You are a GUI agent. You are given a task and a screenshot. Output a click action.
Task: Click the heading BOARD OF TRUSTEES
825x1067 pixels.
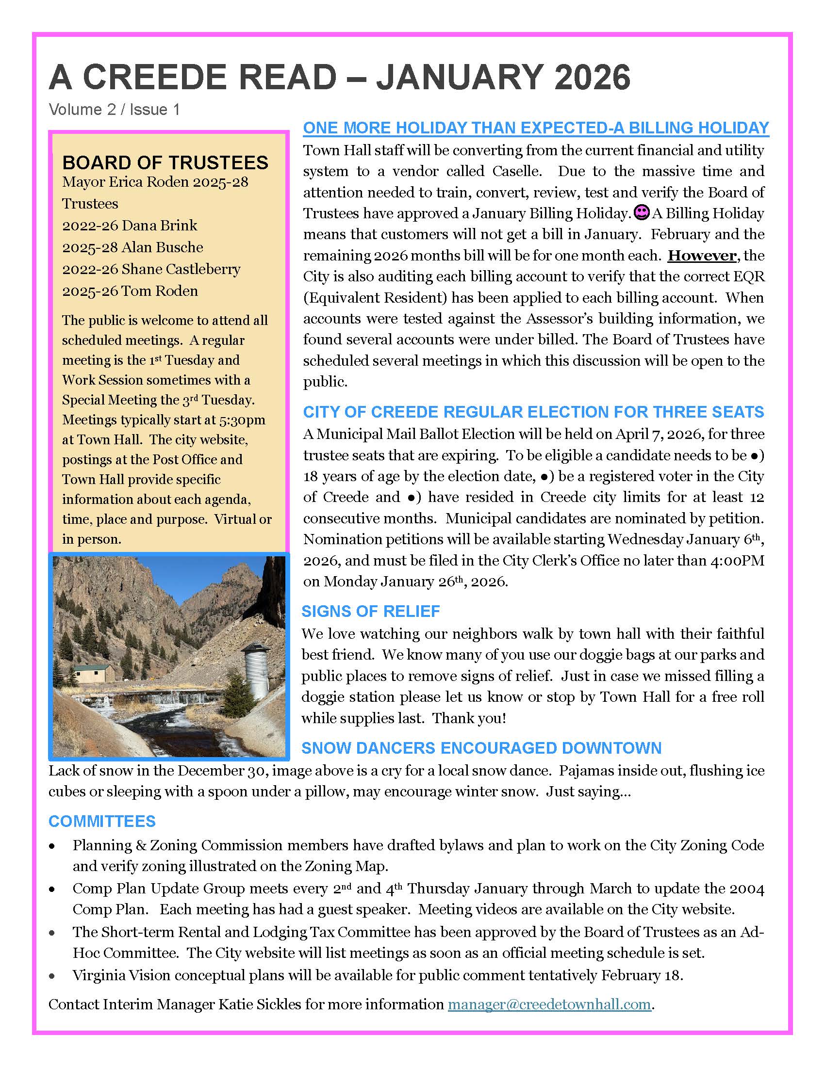(x=165, y=162)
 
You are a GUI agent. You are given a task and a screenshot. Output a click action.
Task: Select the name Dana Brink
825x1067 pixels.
(x=159, y=225)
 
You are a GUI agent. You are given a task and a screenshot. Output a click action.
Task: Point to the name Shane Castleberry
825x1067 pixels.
(x=181, y=269)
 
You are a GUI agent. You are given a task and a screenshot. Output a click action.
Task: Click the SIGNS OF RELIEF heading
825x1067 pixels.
(x=370, y=611)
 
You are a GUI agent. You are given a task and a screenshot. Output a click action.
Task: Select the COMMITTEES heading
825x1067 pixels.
(x=102, y=821)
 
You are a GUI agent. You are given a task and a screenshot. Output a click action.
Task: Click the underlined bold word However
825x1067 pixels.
(x=702, y=256)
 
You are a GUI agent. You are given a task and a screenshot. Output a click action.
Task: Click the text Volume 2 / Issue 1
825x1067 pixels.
(x=115, y=110)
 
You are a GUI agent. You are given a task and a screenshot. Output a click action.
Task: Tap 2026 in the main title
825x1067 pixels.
(x=593, y=77)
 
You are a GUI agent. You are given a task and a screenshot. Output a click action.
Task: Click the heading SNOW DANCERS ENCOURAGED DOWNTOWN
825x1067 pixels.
(x=481, y=748)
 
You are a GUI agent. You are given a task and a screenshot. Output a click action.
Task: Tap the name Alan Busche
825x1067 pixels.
(x=162, y=247)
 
